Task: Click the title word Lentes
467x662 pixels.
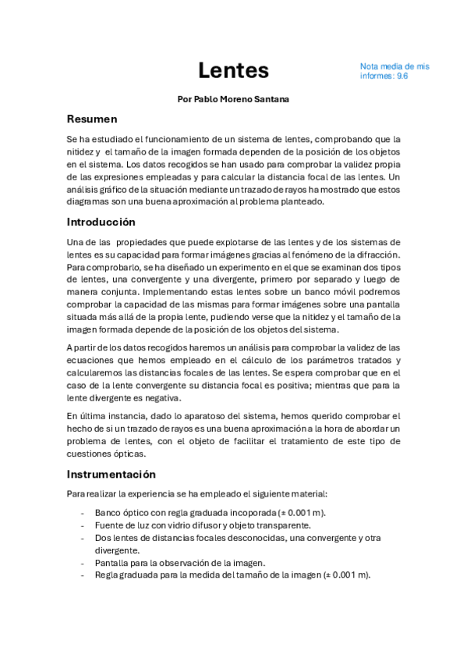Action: point(233,70)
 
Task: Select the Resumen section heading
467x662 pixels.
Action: point(91,119)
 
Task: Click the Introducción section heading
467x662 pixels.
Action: point(101,222)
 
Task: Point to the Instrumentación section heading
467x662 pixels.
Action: point(111,474)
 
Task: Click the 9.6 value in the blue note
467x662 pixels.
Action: point(402,77)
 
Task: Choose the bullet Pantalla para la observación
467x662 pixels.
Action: point(180,563)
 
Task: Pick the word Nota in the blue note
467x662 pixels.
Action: point(370,66)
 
